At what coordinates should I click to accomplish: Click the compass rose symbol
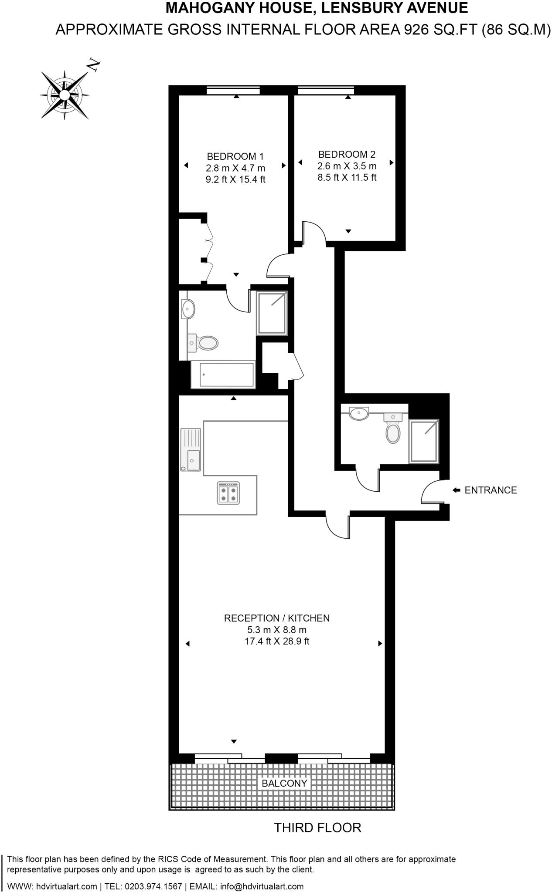(65, 95)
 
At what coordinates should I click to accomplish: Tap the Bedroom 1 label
(235, 156)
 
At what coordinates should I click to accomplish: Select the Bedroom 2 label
(347, 154)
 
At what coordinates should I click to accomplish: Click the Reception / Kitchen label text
(276, 618)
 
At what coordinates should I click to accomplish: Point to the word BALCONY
(284, 783)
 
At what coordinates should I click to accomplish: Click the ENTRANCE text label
(491, 490)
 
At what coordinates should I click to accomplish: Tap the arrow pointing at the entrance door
(456, 490)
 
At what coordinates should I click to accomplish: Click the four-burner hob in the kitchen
(228, 493)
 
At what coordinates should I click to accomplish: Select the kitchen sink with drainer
(191, 449)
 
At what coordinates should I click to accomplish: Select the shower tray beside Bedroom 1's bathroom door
(272, 313)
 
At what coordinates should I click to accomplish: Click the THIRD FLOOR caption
(317, 828)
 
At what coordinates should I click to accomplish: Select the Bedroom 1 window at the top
(233, 90)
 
